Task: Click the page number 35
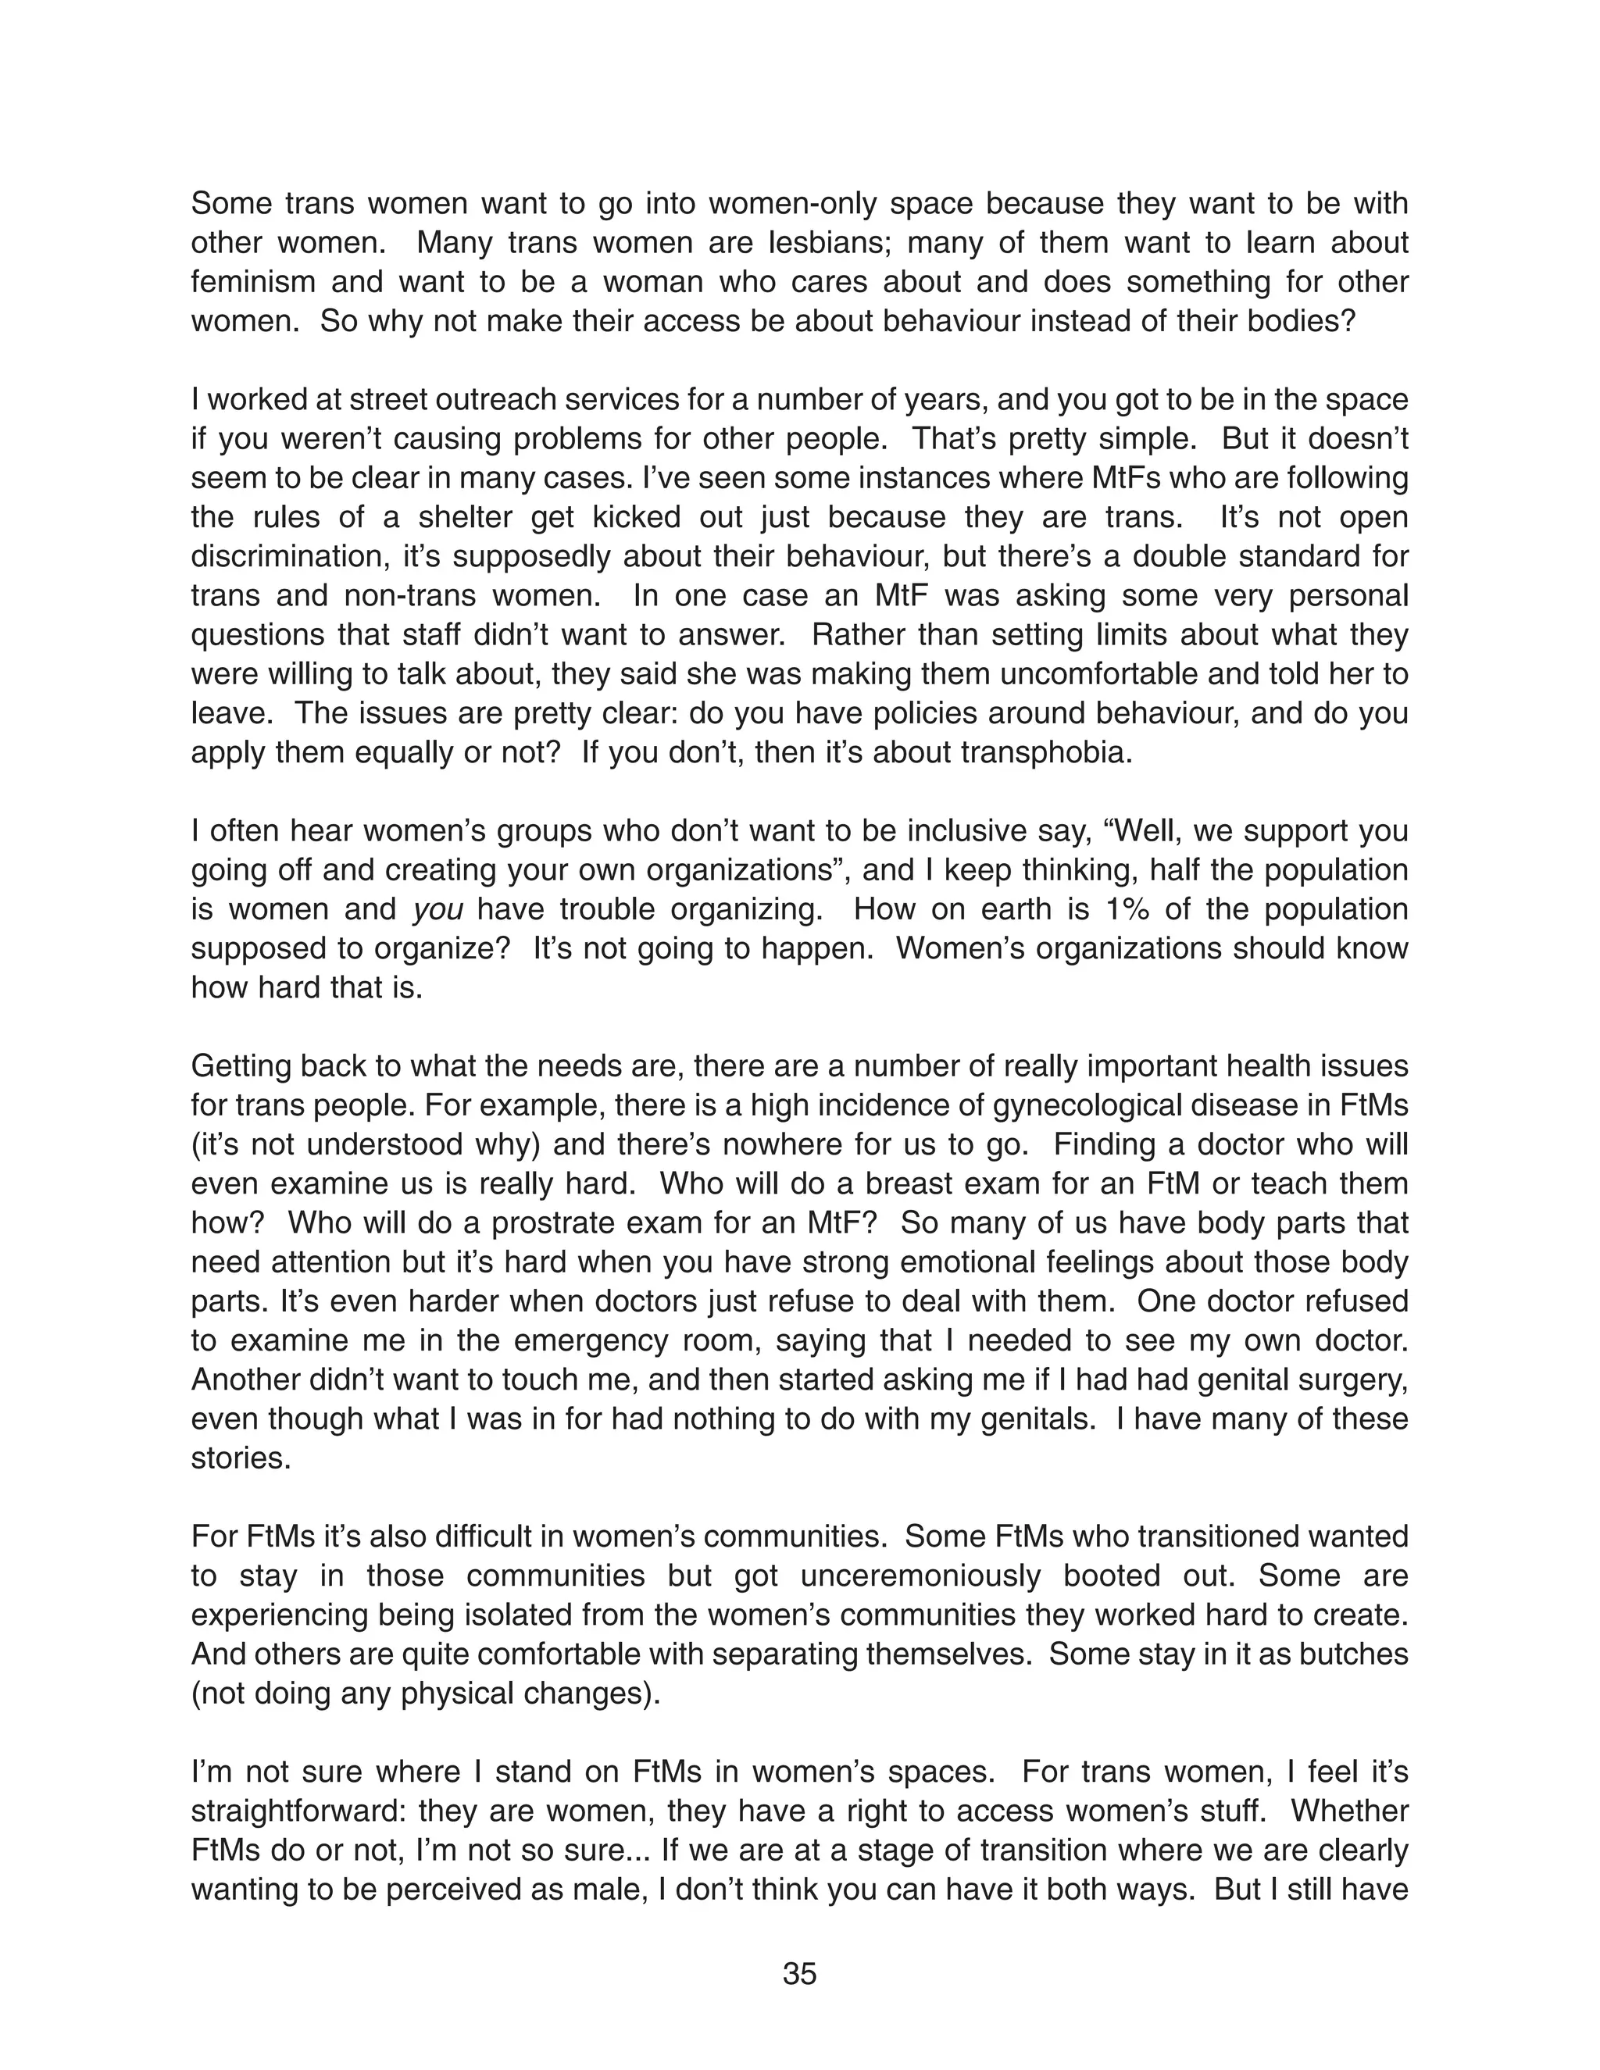point(799,1974)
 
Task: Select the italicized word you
point(438,910)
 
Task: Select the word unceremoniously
point(920,1576)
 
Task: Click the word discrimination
point(285,556)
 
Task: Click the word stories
point(240,1458)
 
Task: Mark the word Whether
point(1350,1811)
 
